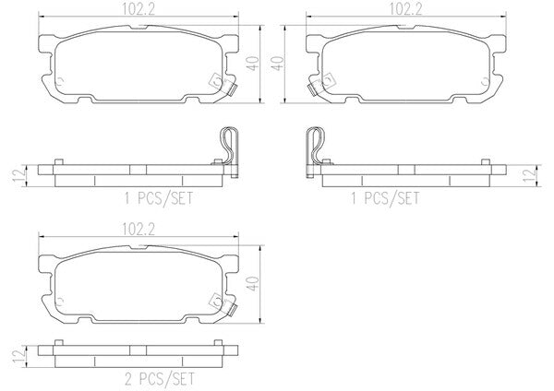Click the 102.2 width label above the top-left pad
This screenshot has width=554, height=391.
(x=138, y=9)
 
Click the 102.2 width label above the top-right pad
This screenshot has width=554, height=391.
(x=405, y=9)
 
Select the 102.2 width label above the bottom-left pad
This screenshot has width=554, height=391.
(x=138, y=230)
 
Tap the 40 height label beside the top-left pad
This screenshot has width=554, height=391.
(x=253, y=64)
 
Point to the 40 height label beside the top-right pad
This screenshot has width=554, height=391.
(x=278, y=64)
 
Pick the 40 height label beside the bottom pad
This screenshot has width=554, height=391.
(x=253, y=284)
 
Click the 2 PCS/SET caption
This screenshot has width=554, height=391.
(x=160, y=379)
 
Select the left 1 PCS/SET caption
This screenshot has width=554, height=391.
(x=159, y=198)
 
